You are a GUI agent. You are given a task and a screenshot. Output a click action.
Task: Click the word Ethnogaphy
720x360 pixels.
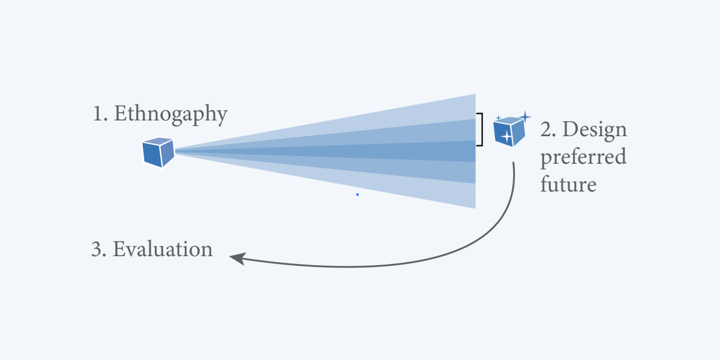click(170, 113)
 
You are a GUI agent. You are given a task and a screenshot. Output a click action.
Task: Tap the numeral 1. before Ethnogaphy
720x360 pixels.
click(100, 113)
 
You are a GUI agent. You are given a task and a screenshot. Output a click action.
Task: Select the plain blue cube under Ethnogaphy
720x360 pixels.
click(158, 152)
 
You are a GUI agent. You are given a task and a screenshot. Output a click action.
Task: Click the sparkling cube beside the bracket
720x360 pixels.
click(508, 130)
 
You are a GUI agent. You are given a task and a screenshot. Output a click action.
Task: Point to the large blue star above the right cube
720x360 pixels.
click(525, 116)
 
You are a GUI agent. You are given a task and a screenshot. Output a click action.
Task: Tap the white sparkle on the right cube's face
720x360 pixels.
click(506, 137)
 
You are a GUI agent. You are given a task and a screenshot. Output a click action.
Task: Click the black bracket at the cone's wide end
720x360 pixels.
click(480, 129)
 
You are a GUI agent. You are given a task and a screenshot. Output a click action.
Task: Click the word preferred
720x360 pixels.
click(583, 157)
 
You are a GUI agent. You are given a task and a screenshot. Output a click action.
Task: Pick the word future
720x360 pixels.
click(568, 184)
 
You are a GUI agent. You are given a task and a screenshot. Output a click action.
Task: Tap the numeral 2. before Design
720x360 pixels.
click(549, 130)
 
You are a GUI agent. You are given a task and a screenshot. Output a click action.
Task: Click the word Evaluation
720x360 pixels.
click(163, 249)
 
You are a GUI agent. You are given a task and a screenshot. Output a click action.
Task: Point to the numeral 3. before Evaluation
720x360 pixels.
click(98, 249)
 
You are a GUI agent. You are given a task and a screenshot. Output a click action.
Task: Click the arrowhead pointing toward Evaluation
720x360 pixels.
click(236, 258)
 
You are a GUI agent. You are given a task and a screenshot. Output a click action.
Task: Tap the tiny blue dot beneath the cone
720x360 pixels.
click(358, 194)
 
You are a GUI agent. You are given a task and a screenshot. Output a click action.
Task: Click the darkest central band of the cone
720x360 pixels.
click(420, 151)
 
